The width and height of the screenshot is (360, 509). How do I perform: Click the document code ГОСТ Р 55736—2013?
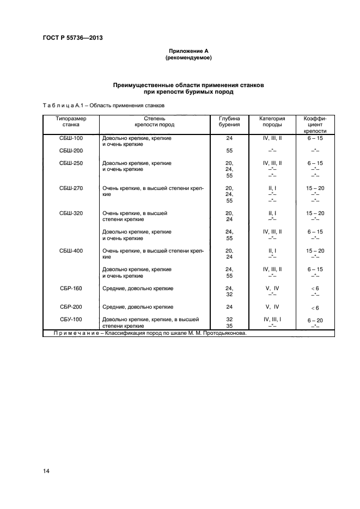click(x=72, y=38)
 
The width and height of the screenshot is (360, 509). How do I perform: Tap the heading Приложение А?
click(x=188, y=51)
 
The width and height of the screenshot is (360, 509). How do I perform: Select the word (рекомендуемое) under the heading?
click(x=188, y=57)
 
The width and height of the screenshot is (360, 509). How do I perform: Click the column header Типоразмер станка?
click(x=71, y=121)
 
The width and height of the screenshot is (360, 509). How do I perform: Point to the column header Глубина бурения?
click(x=229, y=121)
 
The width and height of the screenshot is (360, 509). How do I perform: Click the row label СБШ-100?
click(x=71, y=138)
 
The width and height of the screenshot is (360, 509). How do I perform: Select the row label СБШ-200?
click(x=71, y=151)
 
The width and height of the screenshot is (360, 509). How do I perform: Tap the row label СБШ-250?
click(x=71, y=163)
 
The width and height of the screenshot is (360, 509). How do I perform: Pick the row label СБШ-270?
click(x=71, y=188)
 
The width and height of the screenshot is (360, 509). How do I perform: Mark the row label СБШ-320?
click(x=71, y=213)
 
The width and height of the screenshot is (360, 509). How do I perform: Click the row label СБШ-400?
click(x=71, y=251)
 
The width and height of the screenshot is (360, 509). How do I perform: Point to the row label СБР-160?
click(x=71, y=289)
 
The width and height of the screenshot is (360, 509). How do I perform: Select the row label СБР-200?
click(x=71, y=307)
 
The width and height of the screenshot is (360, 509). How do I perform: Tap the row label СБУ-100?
click(x=71, y=320)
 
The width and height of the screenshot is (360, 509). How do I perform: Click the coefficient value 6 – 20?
click(x=315, y=320)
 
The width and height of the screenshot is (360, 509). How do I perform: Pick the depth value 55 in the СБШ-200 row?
click(x=229, y=151)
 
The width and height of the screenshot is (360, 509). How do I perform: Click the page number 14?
click(x=46, y=471)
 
